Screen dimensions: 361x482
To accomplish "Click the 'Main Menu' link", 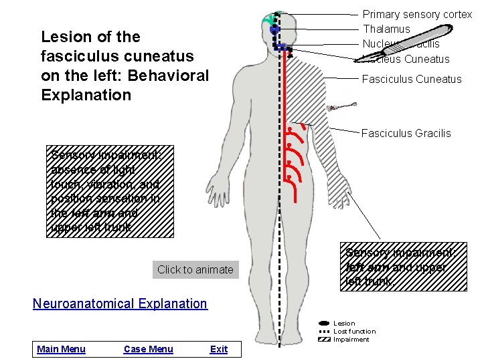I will pyautogui.click(x=61, y=349).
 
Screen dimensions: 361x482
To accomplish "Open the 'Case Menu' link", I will pyautogui.click(x=148, y=349).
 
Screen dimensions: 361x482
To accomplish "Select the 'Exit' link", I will pyautogui.click(x=218, y=349).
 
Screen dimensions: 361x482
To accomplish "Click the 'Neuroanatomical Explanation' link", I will pyautogui.click(x=120, y=304).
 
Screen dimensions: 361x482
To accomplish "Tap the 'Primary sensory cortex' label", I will pyautogui.click(x=417, y=14).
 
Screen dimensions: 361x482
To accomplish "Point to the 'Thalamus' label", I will pyautogui.click(x=386, y=29).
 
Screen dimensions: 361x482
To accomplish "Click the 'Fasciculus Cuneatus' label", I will pyautogui.click(x=411, y=79).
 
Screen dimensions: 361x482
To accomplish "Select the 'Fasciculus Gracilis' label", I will pyautogui.click(x=406, y=133).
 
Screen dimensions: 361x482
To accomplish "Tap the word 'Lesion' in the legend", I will pyautogui.click(x=344, y=324).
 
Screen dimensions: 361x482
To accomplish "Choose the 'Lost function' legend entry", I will pyautogui.click(x=354, y=332).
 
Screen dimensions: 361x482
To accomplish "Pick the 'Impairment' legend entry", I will pyautogui.click(x=351, y=340).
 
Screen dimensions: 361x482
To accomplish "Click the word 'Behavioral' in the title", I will pyautogui.click(x=169, y=75).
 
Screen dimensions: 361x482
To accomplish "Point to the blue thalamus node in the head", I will pyautogui.click(x=274, y=30).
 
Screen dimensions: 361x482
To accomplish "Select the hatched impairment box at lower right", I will pyautogui.click(x=404, y=266).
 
